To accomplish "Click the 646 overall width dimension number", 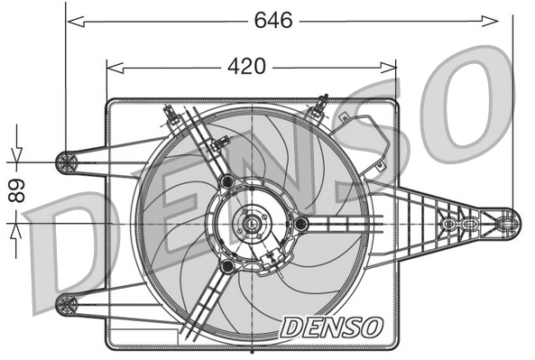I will (272, 20).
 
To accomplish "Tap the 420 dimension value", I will (245, 67).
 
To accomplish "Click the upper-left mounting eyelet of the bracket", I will (66, 162).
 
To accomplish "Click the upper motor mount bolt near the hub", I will (226, 183).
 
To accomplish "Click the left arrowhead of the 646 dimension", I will (72, 19).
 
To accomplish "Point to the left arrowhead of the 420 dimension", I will (113, 67).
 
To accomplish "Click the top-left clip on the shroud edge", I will (170, 114).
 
